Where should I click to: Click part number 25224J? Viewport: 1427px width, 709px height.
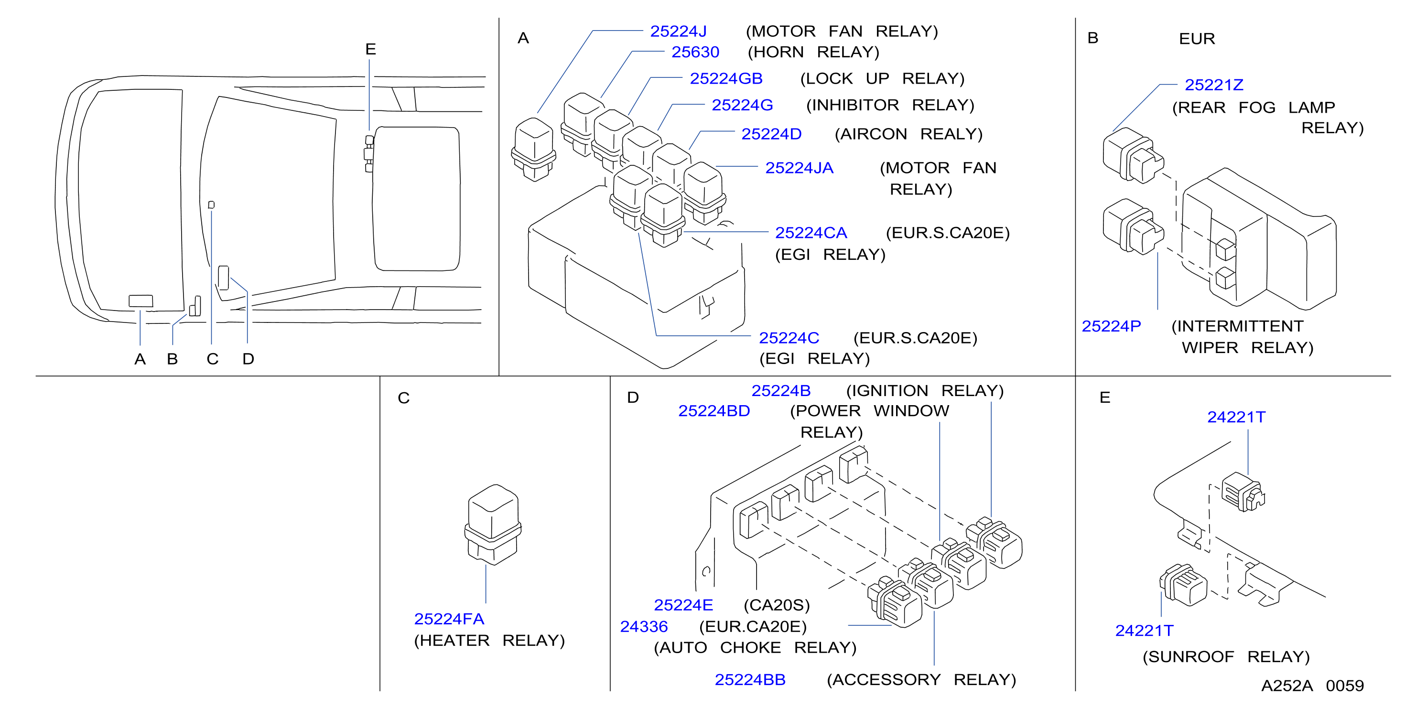coord(678,32)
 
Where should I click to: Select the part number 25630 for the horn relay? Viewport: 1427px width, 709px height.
coord(695,52)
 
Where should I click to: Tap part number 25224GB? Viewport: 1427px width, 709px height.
coord(726,79)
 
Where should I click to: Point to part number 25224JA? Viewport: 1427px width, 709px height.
coord(799,168)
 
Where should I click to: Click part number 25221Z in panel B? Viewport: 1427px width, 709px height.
coord(1214,85)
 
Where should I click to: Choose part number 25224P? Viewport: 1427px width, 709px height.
coord(1111,326)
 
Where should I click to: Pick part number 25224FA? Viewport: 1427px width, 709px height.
coord(449,619)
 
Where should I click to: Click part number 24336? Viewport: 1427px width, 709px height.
coord(644,626)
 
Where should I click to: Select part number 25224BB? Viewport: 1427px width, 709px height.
coord(750,680)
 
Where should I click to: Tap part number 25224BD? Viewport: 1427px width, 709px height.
coord(714,411)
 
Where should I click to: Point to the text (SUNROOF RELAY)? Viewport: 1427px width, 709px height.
coord(1226,657)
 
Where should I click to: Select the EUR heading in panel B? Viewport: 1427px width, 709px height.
coord(1197,39)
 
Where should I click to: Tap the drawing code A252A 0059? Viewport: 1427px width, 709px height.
coord(1312,686)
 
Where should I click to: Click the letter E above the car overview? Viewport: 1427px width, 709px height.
coord(370,49)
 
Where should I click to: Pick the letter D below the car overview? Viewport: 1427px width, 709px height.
coord(248,359)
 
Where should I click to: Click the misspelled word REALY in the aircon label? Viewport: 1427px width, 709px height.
coord(951,134)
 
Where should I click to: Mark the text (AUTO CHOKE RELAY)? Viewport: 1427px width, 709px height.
coord(755,647)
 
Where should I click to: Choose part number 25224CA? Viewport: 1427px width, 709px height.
coord(811,233)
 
